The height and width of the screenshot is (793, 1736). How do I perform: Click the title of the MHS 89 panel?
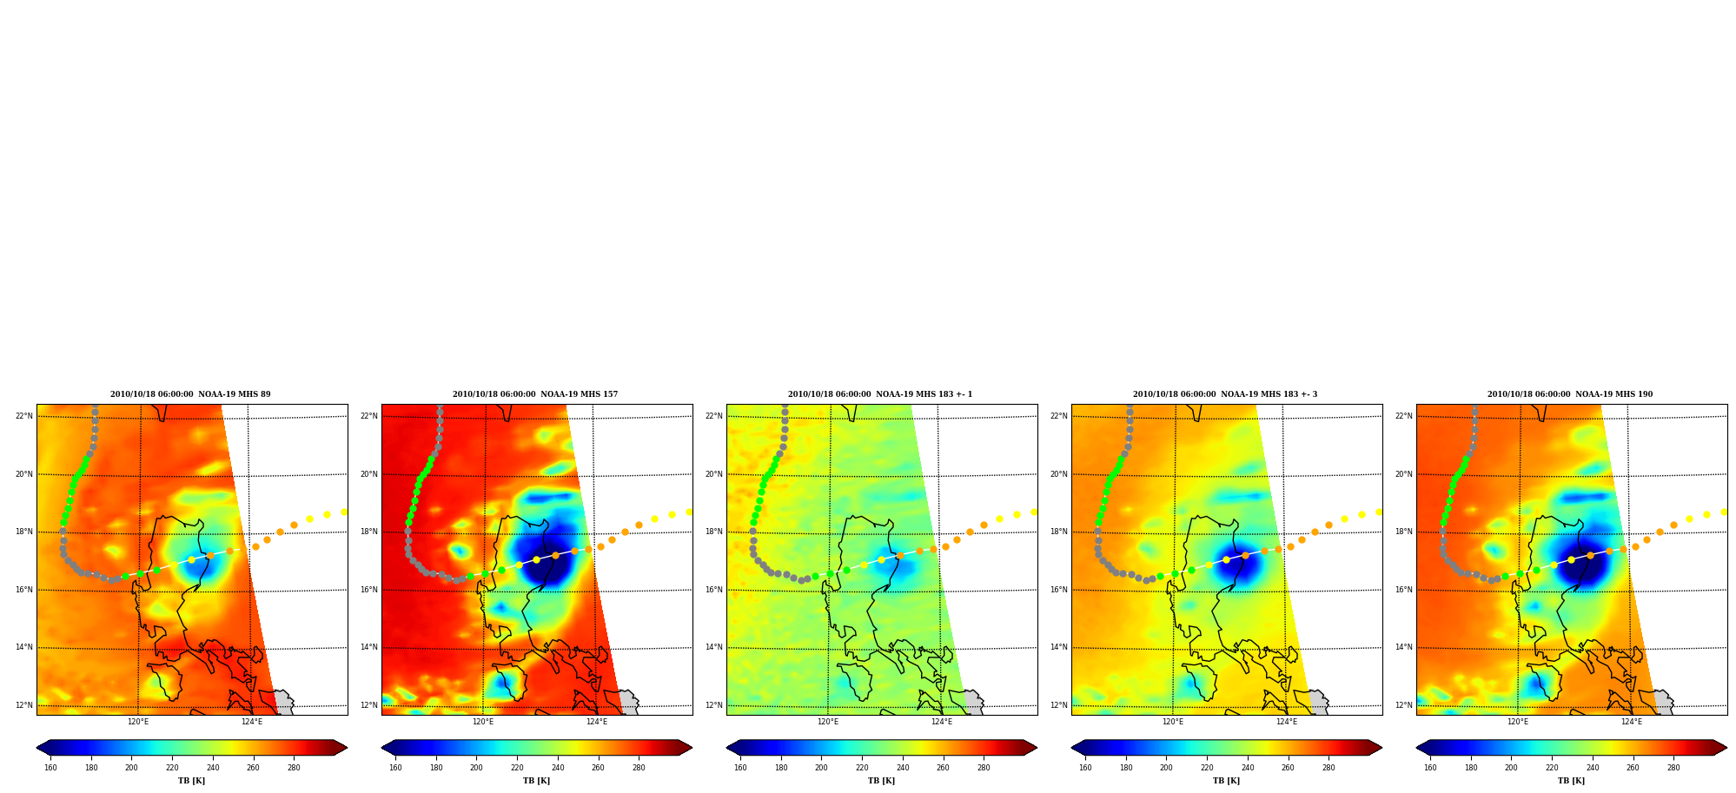coord(190,394)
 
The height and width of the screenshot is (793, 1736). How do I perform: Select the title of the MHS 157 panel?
coord(535,394)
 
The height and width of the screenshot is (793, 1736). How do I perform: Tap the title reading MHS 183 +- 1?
coord(880,394)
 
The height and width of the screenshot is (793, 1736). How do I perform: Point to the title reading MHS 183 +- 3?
coord(1225,394)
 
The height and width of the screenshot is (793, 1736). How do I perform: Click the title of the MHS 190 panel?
coord(1570,394)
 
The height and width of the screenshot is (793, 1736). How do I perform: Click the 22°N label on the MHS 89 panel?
coord(24,416)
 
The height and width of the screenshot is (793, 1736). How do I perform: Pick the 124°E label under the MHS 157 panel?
coord(597,722)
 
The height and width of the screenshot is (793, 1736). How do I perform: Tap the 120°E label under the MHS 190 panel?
coord(1518,722)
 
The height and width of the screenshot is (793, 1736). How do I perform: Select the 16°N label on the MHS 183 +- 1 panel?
coord(714,590)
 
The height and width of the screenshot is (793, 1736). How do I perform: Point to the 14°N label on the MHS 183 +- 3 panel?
coord(1059,647)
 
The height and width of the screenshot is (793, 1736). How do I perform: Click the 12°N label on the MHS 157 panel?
coord(369,705)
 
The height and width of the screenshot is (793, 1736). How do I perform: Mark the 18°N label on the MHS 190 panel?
coord(1404,532)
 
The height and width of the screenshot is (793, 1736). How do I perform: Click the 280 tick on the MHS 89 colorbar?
coord(294,768)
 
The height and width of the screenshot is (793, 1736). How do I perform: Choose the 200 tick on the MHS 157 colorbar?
coord(476,768)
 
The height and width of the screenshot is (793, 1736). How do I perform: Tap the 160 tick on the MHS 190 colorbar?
coord(1430,768)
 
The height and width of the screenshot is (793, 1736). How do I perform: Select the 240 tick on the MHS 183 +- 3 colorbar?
coord(1247,768)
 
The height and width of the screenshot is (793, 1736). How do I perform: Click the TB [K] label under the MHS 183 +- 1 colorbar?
coord(881,781)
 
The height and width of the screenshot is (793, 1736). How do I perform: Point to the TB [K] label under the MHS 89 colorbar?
coord(191,781)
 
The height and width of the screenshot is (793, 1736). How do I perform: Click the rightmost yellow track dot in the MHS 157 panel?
coord(689,512)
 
